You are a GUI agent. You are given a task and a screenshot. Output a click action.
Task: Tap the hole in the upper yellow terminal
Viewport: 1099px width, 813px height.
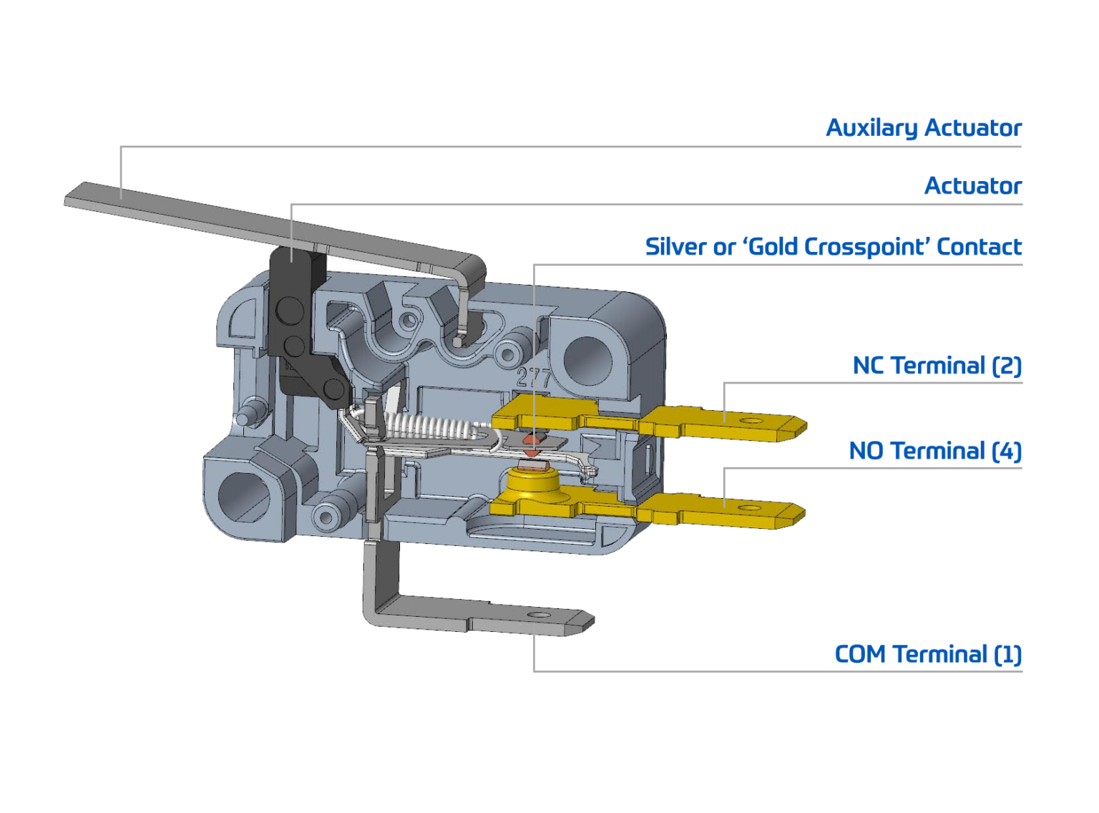pyautogui.click(x=750, y=421)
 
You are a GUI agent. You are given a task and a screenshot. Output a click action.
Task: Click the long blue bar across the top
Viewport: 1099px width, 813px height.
pyautogui.click(x=549, y=130)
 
